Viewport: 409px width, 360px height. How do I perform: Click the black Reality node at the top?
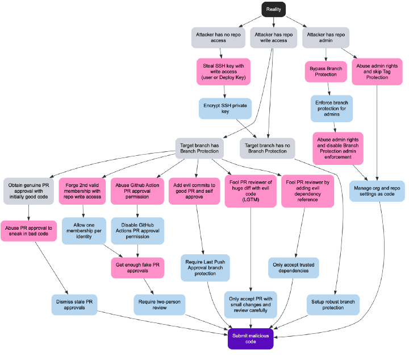(273, 9)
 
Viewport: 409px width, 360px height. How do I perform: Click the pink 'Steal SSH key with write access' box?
(224, 72)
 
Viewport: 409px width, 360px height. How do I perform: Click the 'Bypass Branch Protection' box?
(326, 72)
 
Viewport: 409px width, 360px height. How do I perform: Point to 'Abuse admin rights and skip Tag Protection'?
(377, 72)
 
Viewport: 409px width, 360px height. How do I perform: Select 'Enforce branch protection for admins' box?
(331, 108)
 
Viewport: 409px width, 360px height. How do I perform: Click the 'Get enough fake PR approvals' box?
(137, 267)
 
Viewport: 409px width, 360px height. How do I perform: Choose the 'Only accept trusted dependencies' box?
(293, 267)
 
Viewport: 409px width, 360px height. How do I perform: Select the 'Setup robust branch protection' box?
(333, 304)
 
